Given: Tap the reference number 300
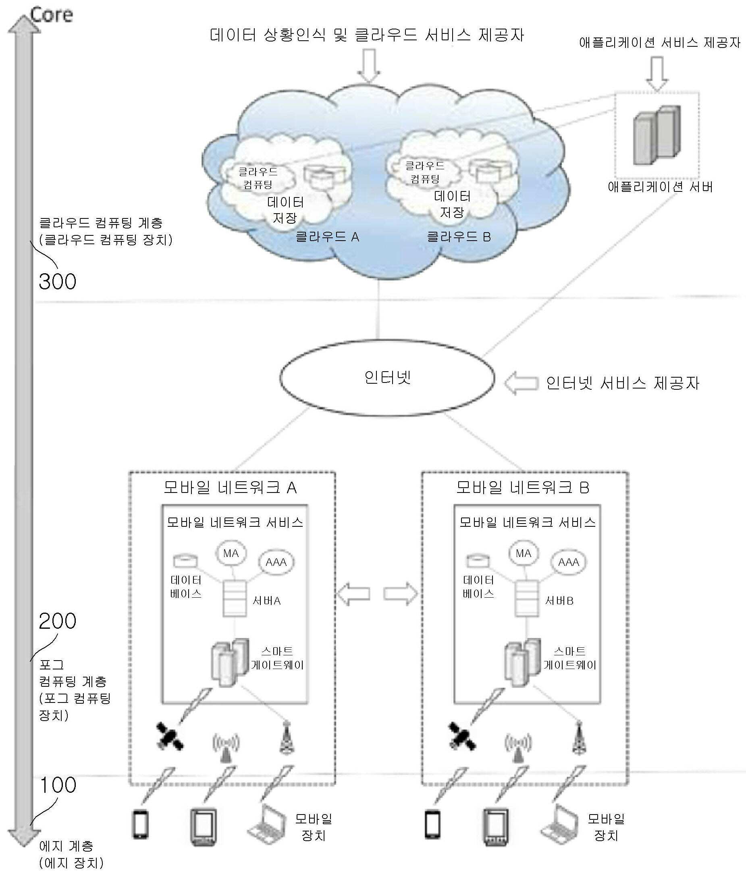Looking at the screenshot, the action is point(58,281).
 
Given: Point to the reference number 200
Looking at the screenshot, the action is point(58,621).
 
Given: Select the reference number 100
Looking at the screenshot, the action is point(58,785).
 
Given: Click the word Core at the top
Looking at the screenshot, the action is point(52,15).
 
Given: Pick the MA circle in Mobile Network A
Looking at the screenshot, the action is point(231,553).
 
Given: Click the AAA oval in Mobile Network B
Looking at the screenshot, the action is point(568,562).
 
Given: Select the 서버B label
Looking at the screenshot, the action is point(559,601).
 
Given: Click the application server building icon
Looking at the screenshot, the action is point(657,135).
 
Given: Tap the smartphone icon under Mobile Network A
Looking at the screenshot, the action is point(140,824).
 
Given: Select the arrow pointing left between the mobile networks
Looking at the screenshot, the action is point(353,594).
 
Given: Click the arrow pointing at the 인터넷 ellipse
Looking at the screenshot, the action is point(521,383).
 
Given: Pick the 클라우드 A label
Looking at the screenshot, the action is point(327,237).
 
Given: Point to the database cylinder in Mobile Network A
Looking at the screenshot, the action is point(185,561).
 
